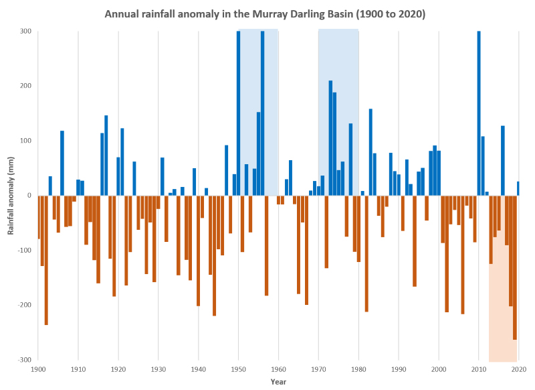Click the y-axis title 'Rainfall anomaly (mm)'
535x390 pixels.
[11, 195]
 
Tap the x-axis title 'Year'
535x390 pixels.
[278, 382]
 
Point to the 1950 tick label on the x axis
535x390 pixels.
[238, 369]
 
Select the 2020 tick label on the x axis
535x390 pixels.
[519, 369]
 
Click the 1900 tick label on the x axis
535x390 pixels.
[38, 369]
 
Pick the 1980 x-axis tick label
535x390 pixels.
[358, 369]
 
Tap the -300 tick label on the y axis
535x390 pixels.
[24, 359]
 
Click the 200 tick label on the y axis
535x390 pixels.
[26, 86]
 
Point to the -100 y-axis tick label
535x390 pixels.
[24, 250]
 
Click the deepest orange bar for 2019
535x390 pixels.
[515, 267]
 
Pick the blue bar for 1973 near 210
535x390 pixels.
[330, 138]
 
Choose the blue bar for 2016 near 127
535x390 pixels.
[503, 161]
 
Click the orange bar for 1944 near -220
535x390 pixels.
[215, 255]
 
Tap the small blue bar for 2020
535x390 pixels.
[518, 188]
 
